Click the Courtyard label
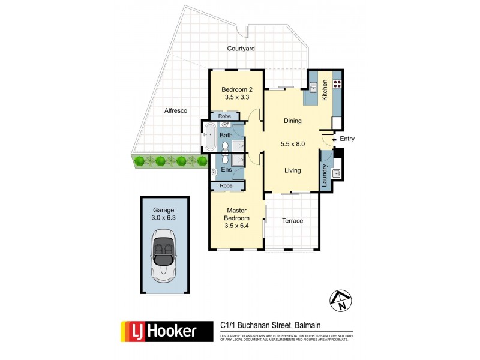(241, 48)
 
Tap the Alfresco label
(176, 110)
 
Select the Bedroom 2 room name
(236, 89)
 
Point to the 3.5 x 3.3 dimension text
(236, 98)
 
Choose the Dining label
(293, 121)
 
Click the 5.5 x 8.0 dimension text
(293, 144)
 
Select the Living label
(293, 170)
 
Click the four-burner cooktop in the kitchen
(337, 85)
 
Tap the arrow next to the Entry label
(334, 139)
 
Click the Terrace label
(293, 221)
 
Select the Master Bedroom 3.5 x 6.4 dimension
(236, 226)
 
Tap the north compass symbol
(341, 301)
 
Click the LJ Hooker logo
(166, 331)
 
